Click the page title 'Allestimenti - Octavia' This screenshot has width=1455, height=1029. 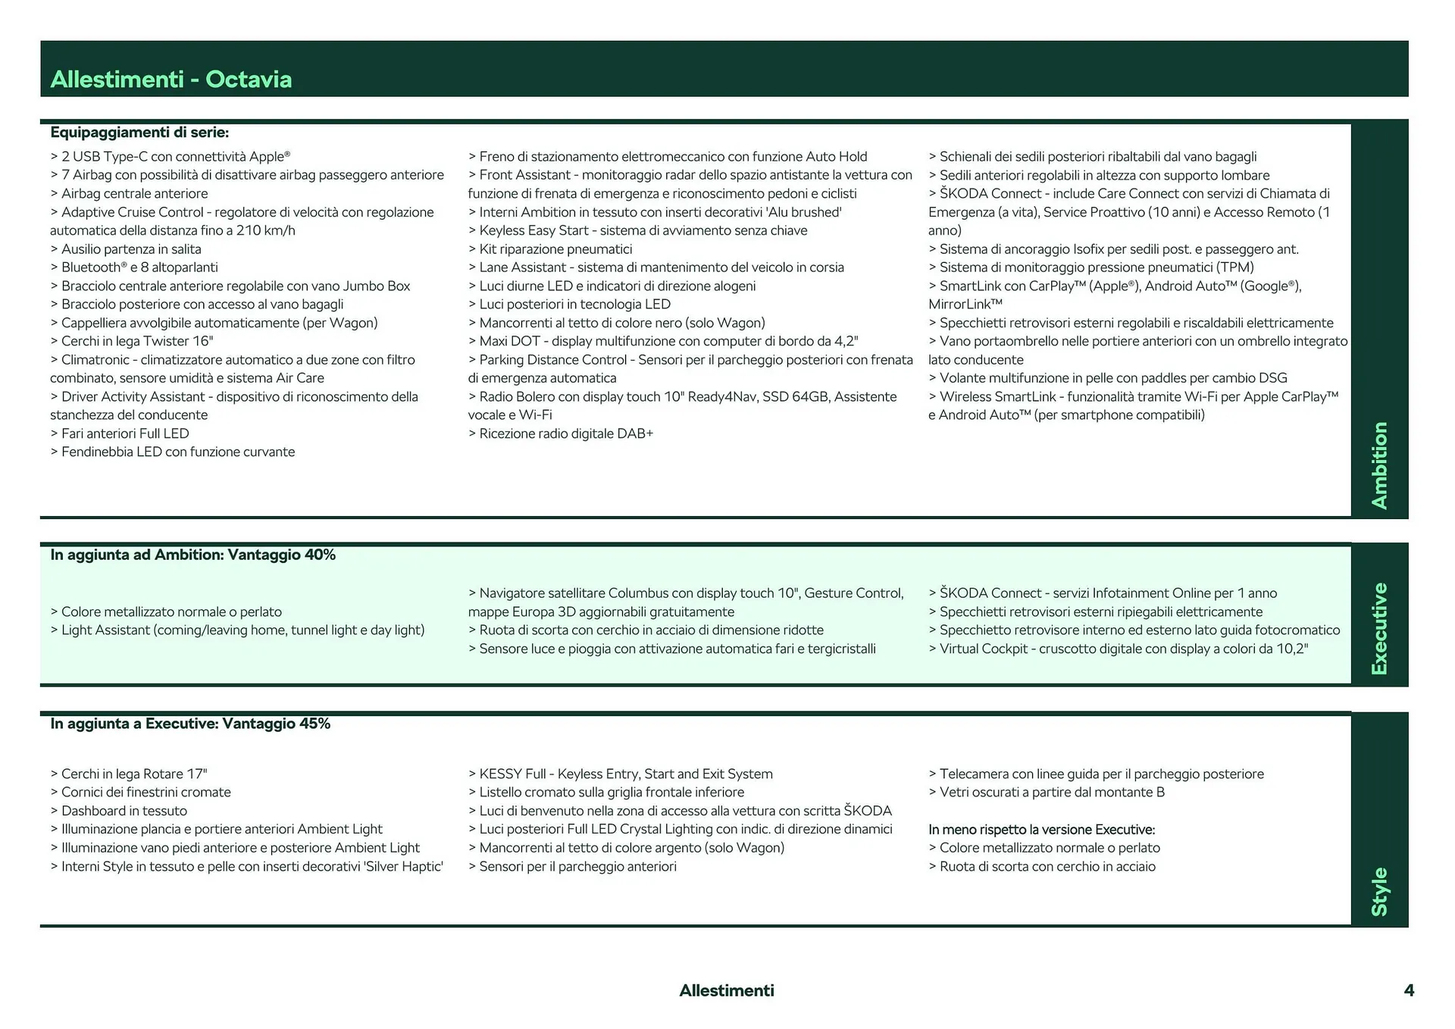tap(171, 80)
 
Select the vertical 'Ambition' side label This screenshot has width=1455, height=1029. tap(1379, 465)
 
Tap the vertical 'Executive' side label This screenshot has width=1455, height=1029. tap(1379, 628)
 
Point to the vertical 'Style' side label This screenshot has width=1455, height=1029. tap(1379, 891)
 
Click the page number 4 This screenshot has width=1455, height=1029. tap(1409, 990)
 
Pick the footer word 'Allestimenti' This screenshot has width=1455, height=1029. tap(726, 990)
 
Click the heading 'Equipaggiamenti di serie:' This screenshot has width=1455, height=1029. tap(139, 133)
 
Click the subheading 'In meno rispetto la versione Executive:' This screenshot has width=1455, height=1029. tap(1041, 830)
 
